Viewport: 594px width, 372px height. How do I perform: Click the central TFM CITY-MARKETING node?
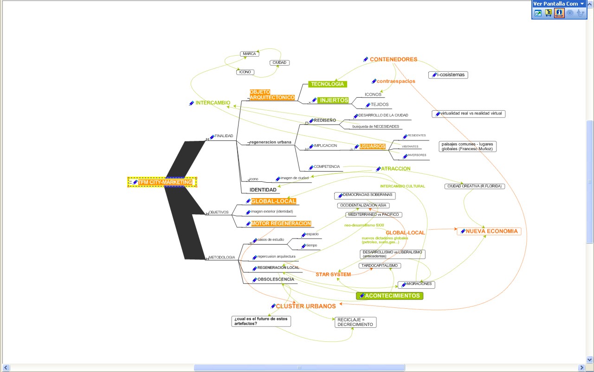pos(162,182)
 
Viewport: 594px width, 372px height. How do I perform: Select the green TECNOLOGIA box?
pos(328,84)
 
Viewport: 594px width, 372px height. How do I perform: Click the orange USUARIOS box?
pos(372,146)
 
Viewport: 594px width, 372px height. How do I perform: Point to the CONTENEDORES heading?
pos(393,60)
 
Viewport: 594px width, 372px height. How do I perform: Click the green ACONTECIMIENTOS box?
pos(392,296)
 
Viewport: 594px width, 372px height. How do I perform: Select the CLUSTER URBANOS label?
pos(306,306)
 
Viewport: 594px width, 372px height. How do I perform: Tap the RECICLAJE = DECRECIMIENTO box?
pos(355,322)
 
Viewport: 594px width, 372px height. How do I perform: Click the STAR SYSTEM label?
pos(333,274)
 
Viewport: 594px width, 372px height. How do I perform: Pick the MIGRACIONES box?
pos(416,284)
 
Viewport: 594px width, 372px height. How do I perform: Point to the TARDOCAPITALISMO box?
pos(380,266)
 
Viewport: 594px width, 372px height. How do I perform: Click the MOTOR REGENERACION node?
pos(281,224)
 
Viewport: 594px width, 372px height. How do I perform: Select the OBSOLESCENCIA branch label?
pos(276,280)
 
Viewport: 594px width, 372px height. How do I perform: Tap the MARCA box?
pos(249,54)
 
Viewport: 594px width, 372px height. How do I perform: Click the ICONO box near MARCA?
pos(245,72)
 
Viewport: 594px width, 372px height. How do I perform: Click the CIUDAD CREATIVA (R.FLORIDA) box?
pos(474,186)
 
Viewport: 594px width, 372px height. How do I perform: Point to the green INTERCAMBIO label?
pos(213,103)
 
